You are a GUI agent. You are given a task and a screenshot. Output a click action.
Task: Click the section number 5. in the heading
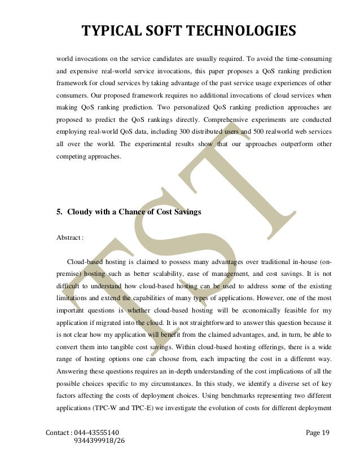click(x=59, y=213)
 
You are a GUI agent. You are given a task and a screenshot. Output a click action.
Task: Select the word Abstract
click(x=68, y=238)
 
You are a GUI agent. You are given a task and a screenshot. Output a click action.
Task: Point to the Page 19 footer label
click(x=318, y=433)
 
